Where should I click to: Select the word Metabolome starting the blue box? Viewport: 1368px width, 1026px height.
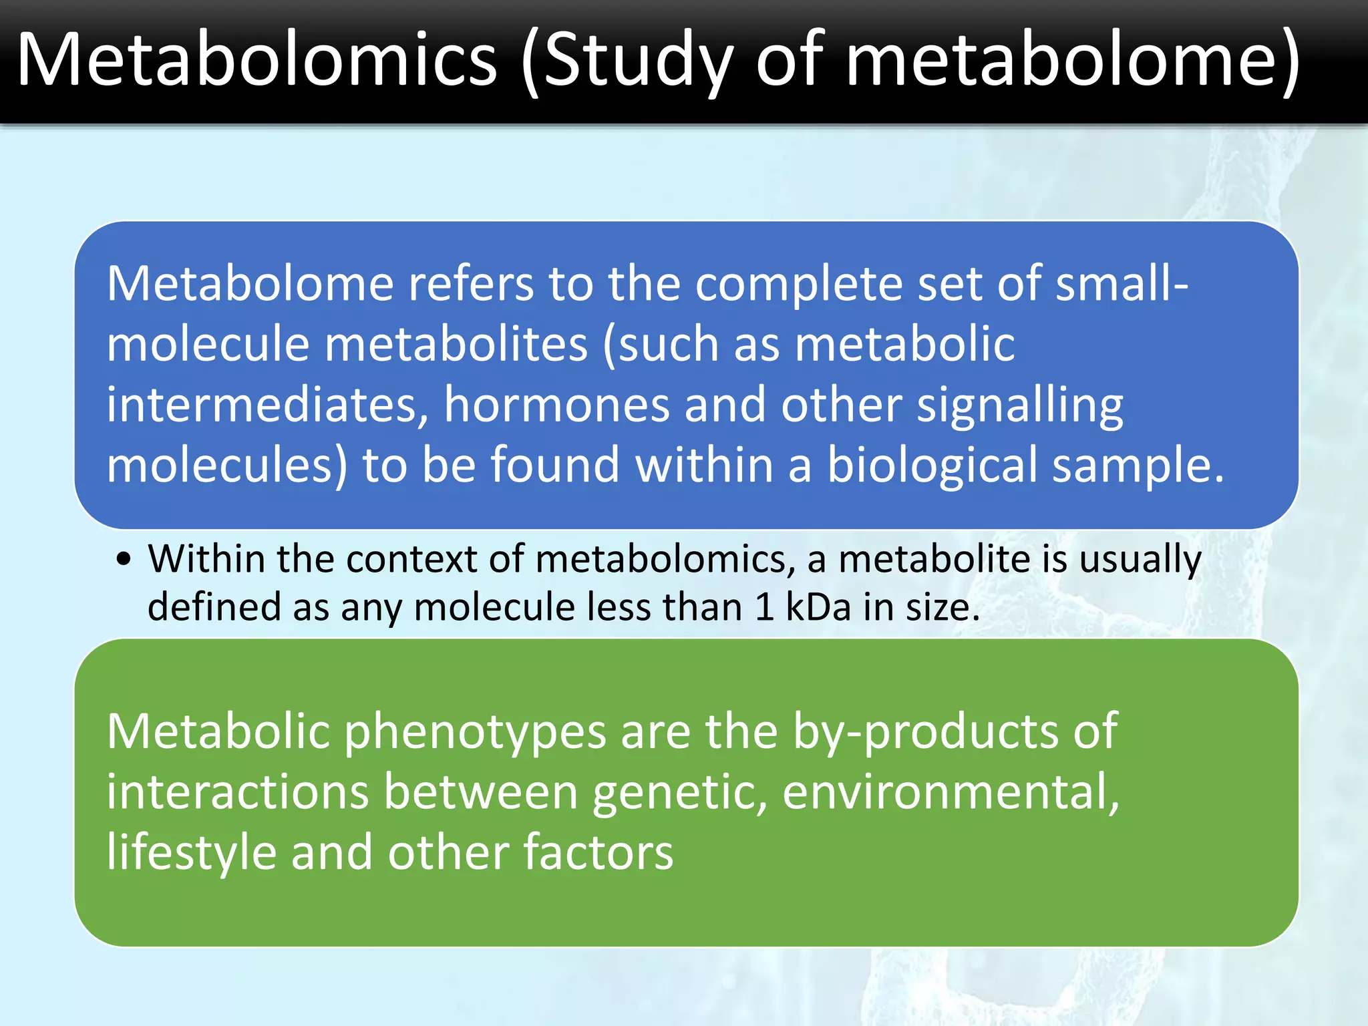coord(250,284)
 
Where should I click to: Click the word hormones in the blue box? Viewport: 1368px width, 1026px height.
coord(556,405)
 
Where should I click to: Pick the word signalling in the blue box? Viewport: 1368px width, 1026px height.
coord(1020,406)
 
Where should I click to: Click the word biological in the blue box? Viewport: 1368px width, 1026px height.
coord(932,466)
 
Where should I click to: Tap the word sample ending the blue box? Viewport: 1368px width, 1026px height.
coord(1136,466)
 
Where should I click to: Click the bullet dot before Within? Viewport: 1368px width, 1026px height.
coord(123,559)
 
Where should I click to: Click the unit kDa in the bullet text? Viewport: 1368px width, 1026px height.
coord(818,607)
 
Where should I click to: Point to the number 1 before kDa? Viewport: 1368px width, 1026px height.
coord(764,607)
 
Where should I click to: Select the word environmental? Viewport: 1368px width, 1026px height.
coord(950,792)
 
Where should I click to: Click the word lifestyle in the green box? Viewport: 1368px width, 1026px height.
coord(192,854)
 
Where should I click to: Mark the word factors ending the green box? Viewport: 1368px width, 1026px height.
coord(598,853)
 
